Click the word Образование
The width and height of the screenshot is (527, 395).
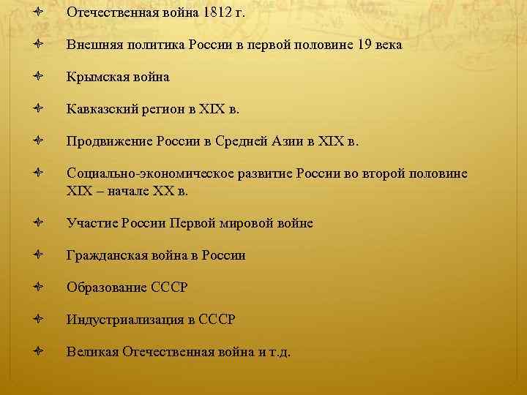103,287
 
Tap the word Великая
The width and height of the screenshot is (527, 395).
91,352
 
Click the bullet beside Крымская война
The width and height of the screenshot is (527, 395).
37,77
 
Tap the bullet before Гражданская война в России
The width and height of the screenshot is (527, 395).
37,255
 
